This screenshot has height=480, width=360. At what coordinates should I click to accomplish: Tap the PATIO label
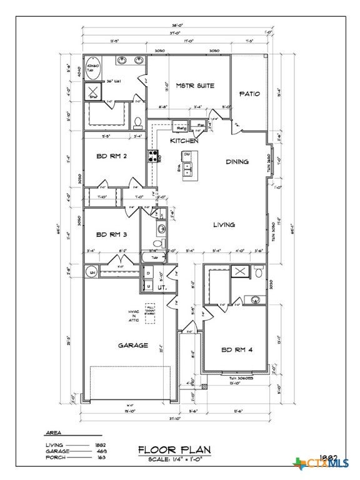(x=249, y=94)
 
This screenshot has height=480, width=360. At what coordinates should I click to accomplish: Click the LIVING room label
(x=223, y=224)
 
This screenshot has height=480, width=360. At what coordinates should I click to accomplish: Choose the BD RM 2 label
(x=112, y=156)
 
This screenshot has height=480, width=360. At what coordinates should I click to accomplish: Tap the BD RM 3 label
(x=112, y=235)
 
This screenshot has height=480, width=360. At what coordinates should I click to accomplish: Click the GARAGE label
(x=133, y=345)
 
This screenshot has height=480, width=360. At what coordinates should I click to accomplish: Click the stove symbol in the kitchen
(x=152, y=156)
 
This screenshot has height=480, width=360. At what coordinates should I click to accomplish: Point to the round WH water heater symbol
(x=91, y=271)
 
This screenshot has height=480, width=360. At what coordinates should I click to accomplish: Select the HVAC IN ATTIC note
(x=134, y=316)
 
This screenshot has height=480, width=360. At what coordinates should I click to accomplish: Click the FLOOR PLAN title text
(x=174, y=449)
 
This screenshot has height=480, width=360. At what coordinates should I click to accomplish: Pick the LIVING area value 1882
(x=99, y=444)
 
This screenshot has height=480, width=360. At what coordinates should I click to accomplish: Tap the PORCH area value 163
(x=99, y=457)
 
